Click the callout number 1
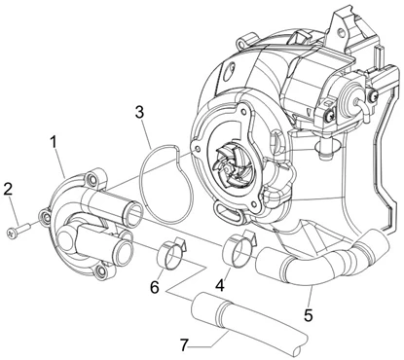point(53,143)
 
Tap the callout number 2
point(8,189)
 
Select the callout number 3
point(139,113)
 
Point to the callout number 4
point(220,285)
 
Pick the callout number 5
point(308,314)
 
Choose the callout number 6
point(155,287)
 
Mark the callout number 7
point(185,345)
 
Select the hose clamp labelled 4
point(239,249)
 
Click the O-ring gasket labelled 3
point(166,184)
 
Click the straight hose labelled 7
point(247,322)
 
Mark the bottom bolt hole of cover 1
point(101,271)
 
